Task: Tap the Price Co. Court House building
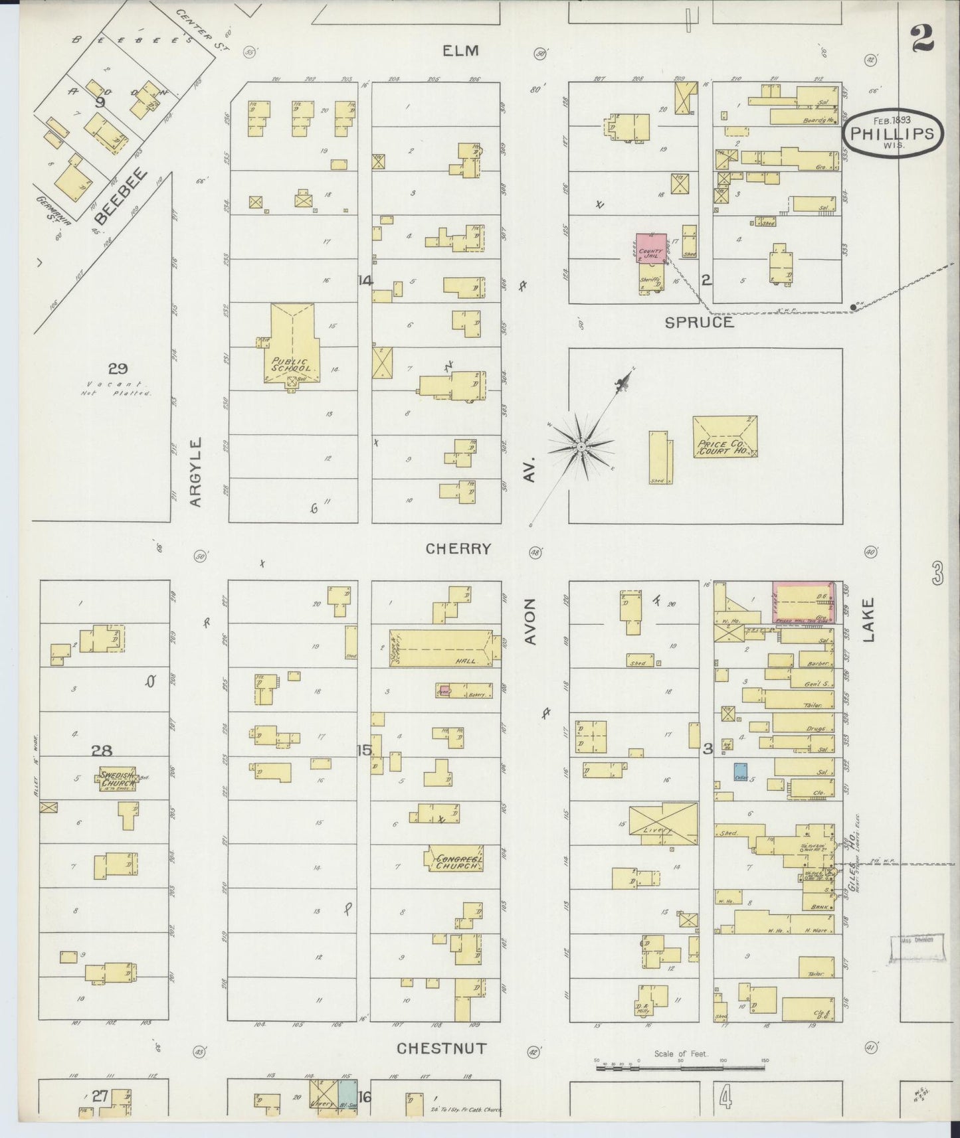click(x=725, y=436)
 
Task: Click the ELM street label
click(x=462, y=51)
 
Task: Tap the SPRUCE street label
click(x=700, y=322)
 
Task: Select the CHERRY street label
click(x=458, y=548)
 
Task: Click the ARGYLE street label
click(x=195, y=472)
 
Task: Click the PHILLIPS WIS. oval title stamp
click(x=893, y=133)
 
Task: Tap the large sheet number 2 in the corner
click(x=922, y=39)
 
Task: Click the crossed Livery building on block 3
click(x=663, y=823)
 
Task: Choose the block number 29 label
click(x=118, y=368)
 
